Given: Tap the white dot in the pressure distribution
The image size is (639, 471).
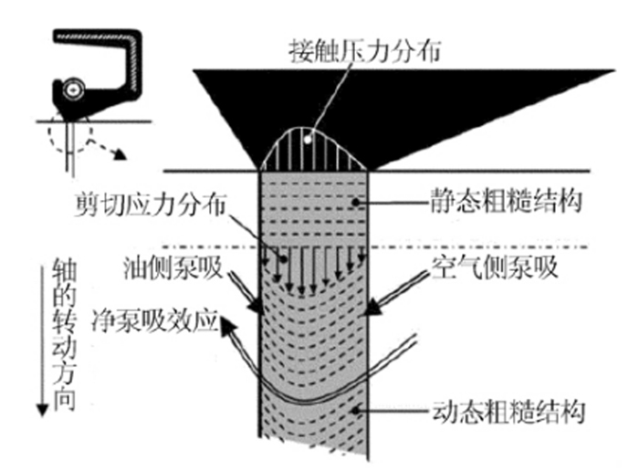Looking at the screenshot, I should coord(311,139).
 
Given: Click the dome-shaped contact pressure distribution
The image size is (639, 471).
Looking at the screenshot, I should coord(314,151).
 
